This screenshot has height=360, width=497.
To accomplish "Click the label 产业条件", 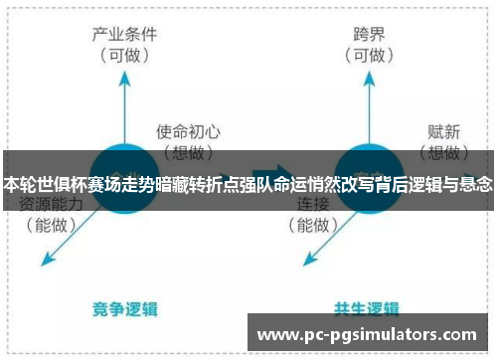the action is tap(128, 35).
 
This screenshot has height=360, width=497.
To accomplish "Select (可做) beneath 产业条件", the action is tap(128, 55).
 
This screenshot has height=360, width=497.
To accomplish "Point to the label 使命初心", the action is tap(188, 130).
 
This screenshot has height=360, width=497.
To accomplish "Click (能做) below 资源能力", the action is tap(51, 226).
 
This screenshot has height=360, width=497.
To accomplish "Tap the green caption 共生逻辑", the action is tap(367, 307).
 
